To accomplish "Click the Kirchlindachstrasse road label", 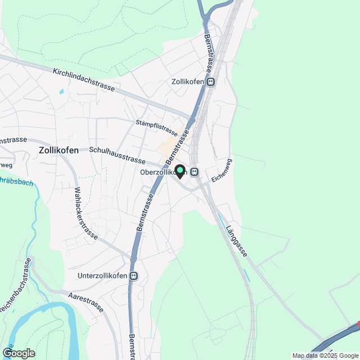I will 84,80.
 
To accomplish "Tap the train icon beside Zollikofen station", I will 210,82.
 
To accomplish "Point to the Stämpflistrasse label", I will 156,128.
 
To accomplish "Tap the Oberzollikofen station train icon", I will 194,172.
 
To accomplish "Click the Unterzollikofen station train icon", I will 133,276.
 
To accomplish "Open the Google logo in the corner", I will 18,353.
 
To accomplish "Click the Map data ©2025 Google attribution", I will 325,355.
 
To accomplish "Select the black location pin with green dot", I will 180,171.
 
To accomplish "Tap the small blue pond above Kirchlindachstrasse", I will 61,91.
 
